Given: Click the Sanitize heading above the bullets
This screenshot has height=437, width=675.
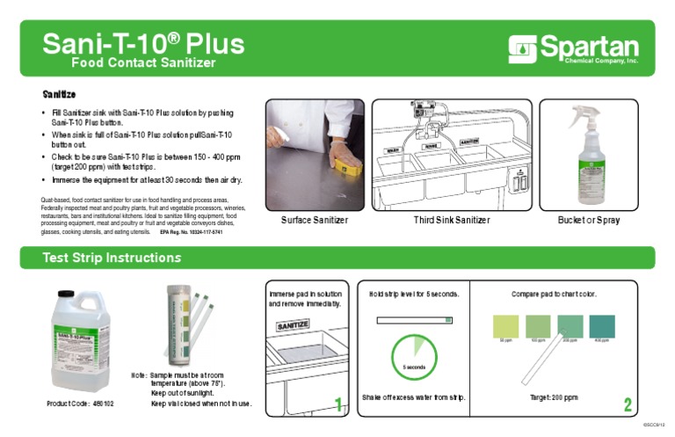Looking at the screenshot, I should coord(60,93).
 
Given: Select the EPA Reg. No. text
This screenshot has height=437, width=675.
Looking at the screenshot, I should coord(191,233).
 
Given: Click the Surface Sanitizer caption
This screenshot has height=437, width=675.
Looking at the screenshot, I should coord(314,220).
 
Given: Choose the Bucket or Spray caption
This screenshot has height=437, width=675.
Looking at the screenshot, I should coord(588,220).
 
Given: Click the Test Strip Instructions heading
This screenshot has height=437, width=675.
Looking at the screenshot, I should coord(112,258).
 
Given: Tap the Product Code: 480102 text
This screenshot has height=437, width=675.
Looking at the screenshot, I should coord(80,404).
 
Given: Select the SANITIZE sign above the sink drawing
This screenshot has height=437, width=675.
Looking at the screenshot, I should coord(293,325).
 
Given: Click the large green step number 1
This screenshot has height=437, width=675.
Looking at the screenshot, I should coord(338,404).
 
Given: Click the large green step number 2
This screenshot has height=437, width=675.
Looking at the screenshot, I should coord(628,404).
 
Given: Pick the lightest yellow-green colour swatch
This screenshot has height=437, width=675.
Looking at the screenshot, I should coord(506,325).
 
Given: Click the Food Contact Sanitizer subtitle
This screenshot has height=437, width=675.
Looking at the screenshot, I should coord(142,63).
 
